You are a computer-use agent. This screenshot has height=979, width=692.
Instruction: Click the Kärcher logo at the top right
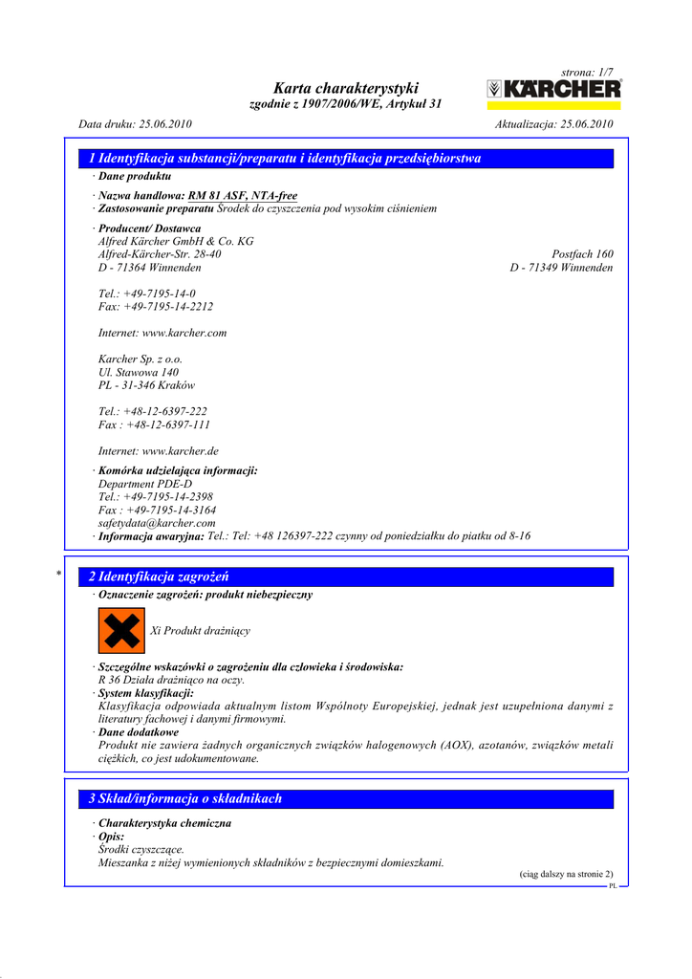(553, 90)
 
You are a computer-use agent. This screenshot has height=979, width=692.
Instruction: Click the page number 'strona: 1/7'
(587, 73)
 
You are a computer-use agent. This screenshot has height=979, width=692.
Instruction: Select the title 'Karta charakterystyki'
(345, 88)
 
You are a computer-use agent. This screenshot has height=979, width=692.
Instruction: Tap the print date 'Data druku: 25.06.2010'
(135, 124)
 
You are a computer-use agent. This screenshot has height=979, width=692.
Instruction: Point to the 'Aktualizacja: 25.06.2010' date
(554, 124)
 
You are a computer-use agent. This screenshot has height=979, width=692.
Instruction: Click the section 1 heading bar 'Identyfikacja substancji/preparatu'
(284, 159)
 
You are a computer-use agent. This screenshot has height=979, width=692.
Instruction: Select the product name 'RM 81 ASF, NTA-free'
(243, 195)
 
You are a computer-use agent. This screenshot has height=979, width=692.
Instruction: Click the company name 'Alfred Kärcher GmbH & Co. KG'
(176, 242)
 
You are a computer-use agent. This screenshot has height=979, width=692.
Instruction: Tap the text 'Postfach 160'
(582, 255)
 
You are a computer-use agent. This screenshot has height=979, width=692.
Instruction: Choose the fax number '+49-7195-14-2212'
(168, 307)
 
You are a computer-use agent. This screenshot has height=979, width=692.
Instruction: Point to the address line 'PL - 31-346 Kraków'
(146, 386)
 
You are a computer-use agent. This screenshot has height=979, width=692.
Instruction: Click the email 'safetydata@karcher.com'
(157, 524)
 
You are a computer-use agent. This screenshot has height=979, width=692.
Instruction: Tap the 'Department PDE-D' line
(144, 485)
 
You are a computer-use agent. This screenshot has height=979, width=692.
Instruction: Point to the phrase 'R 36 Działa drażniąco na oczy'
(164, 680)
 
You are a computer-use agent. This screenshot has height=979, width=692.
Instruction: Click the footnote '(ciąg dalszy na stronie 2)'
(566, 874)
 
